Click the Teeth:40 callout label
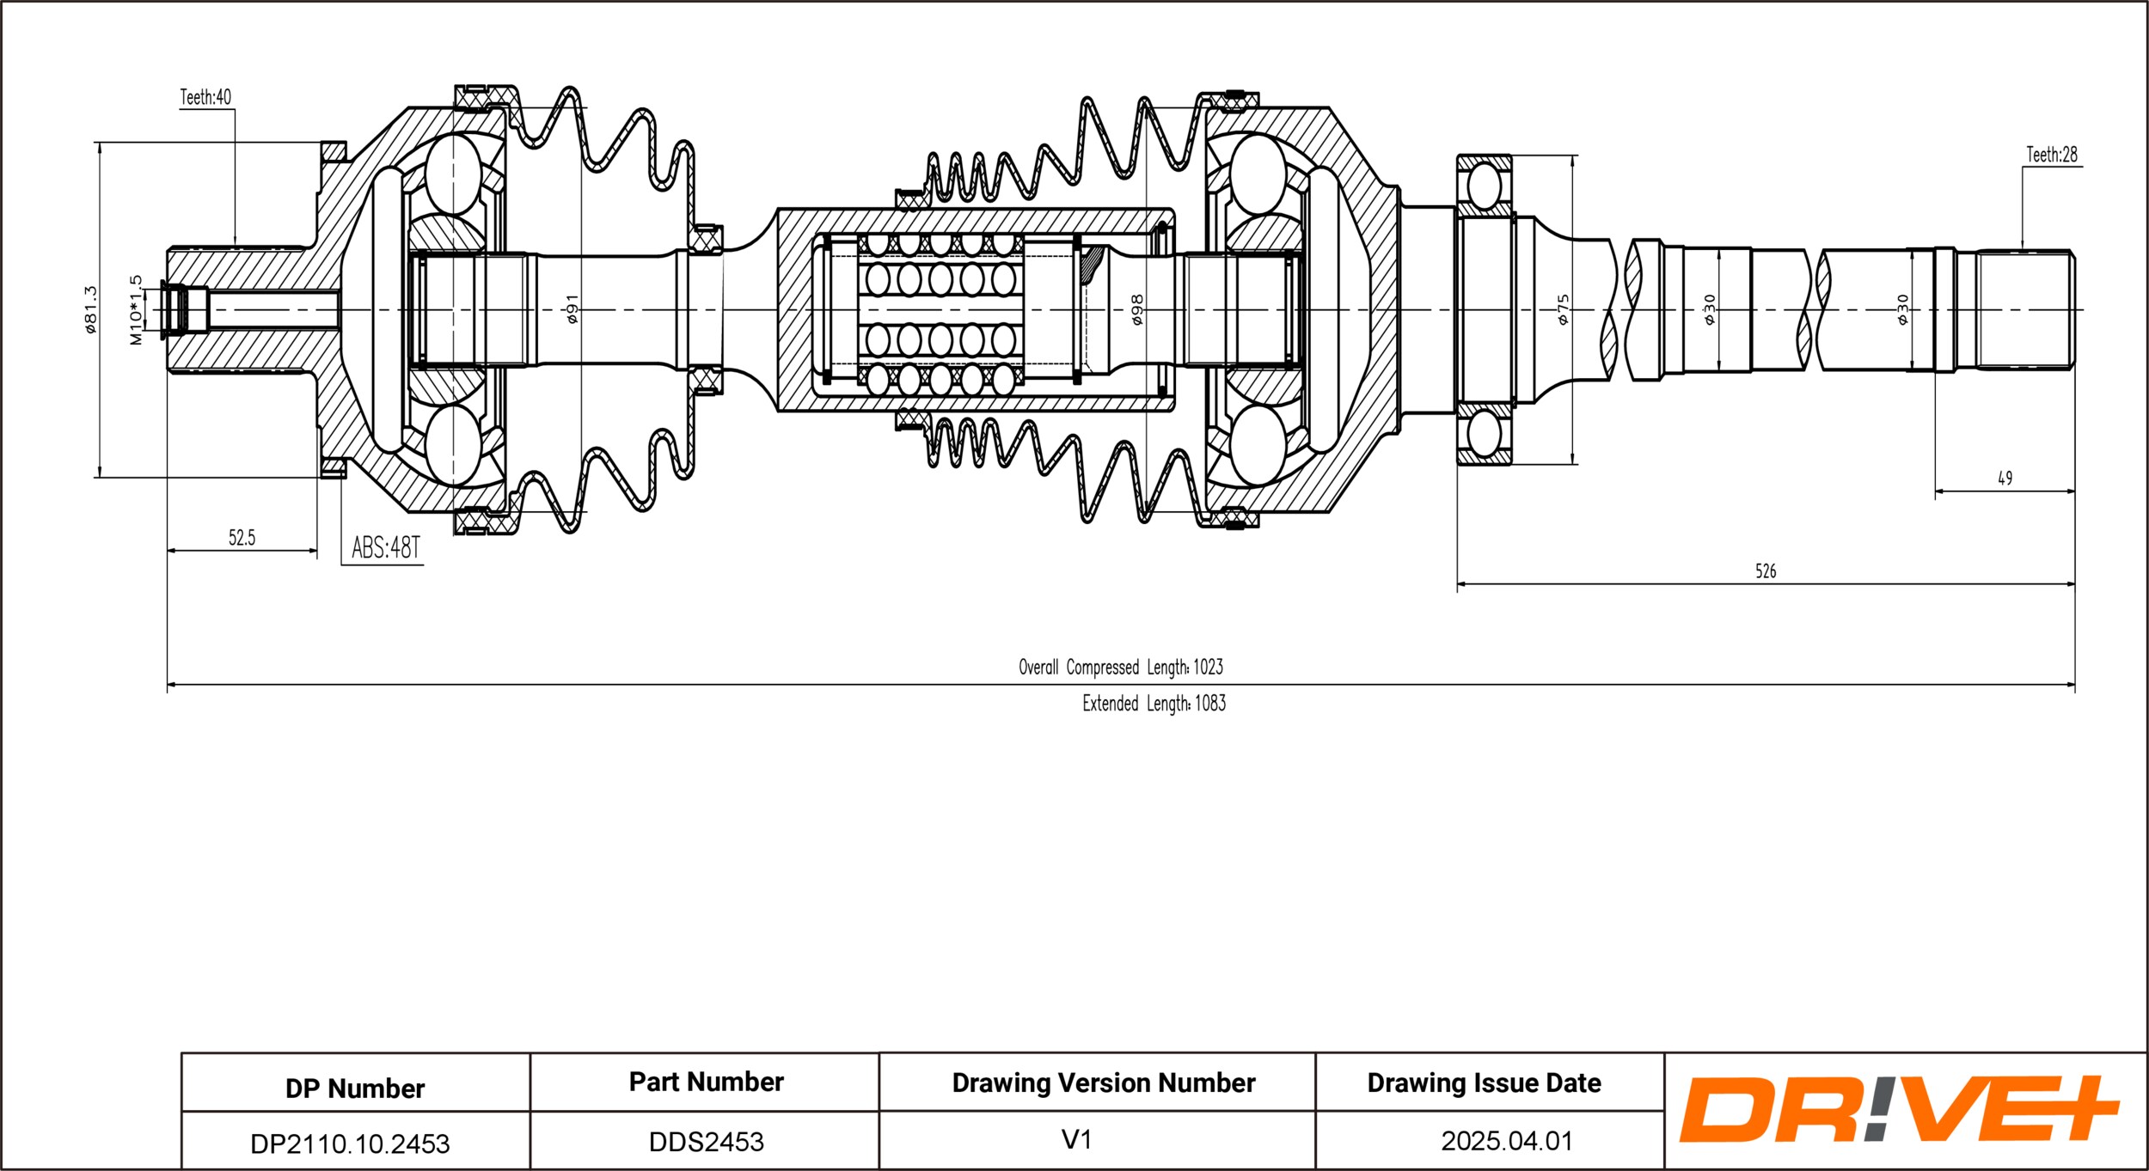(x=205, y=97)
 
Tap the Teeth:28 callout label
(x=2051, y=155)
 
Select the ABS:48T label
(x=386, y=547)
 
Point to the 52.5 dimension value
(x=242, y=538)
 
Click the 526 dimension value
(x=1765, y=571)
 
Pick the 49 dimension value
(x=2005, y=479)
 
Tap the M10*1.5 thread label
(x=137, y=310)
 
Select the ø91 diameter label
(x=572, y=309)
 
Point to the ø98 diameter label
(x=1137, y=309)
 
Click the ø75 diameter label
(x=1563, y=309)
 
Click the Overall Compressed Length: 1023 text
(x=1120, y=667)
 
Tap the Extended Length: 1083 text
(x=1154, y=703)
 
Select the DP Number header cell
(x=355, y=1089)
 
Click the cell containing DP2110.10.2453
(x=350, y=1144)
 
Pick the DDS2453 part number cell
(x=706, y=1142)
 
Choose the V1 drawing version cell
(x=1076, y=1139)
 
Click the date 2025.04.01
(x=1507, y=1141)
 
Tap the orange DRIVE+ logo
(x=1898, y=1109)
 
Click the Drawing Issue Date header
(x=1484, y=1083)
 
